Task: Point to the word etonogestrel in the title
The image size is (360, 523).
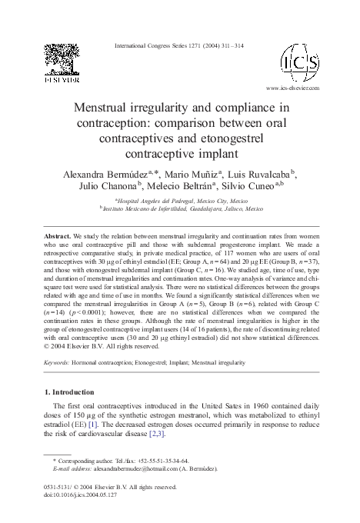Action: pos(228,138)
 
